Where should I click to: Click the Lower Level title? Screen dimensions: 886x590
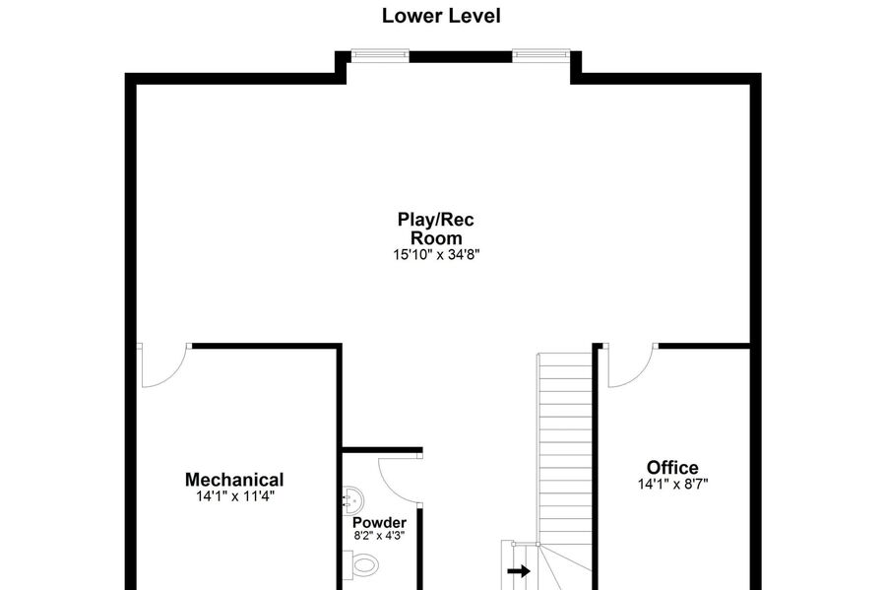click(441, 16)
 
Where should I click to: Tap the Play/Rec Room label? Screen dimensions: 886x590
click(436, 229)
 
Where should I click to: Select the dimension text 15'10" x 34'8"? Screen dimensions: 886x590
click(436, 255)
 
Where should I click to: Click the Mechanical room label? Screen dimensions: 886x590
click(234, 480)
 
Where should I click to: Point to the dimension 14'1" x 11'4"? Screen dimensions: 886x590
click(235, 496)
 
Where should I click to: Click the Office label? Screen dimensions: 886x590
click(672, 467)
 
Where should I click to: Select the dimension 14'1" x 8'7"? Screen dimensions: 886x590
click(672, 485)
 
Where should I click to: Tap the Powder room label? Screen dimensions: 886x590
click(379, 523)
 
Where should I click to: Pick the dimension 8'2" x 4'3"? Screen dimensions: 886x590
click(379, 536)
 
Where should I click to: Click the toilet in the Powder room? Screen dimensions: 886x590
click(360, 564)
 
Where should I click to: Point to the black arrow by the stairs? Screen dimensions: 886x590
click(519, 570)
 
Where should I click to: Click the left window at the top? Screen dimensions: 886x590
click(380, 55)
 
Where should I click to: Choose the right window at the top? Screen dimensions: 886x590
click(540, 55)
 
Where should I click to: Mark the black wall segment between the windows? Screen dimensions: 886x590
click(461, 56)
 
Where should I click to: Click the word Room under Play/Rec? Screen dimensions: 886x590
click(436, 238)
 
